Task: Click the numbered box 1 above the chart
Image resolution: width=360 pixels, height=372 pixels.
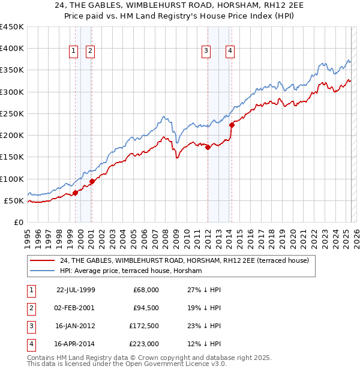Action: click(x=73, y=52)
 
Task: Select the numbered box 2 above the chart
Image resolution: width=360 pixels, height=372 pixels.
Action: click(x=89, y=52)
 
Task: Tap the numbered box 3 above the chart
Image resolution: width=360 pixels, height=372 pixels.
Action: click(x=206, y=52)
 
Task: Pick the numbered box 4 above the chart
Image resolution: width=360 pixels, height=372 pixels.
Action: click(x=230, y=52)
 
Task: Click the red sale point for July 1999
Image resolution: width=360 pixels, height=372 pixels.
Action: click(x=76, y=193)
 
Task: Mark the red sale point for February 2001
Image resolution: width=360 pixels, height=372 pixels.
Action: click(x=92, y=181)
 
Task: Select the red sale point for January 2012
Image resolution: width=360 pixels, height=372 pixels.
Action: click(x=208, y=147)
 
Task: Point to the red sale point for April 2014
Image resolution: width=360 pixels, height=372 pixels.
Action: click(x=232, y=125)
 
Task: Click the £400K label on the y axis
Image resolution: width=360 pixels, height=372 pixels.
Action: click(x=12, y=49)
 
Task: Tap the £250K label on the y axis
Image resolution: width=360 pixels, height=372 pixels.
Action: click(x=12, y=113)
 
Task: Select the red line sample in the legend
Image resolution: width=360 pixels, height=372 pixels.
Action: click(x=42, y=260)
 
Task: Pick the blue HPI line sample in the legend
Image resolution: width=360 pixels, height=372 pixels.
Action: click(x=42, y=271)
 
